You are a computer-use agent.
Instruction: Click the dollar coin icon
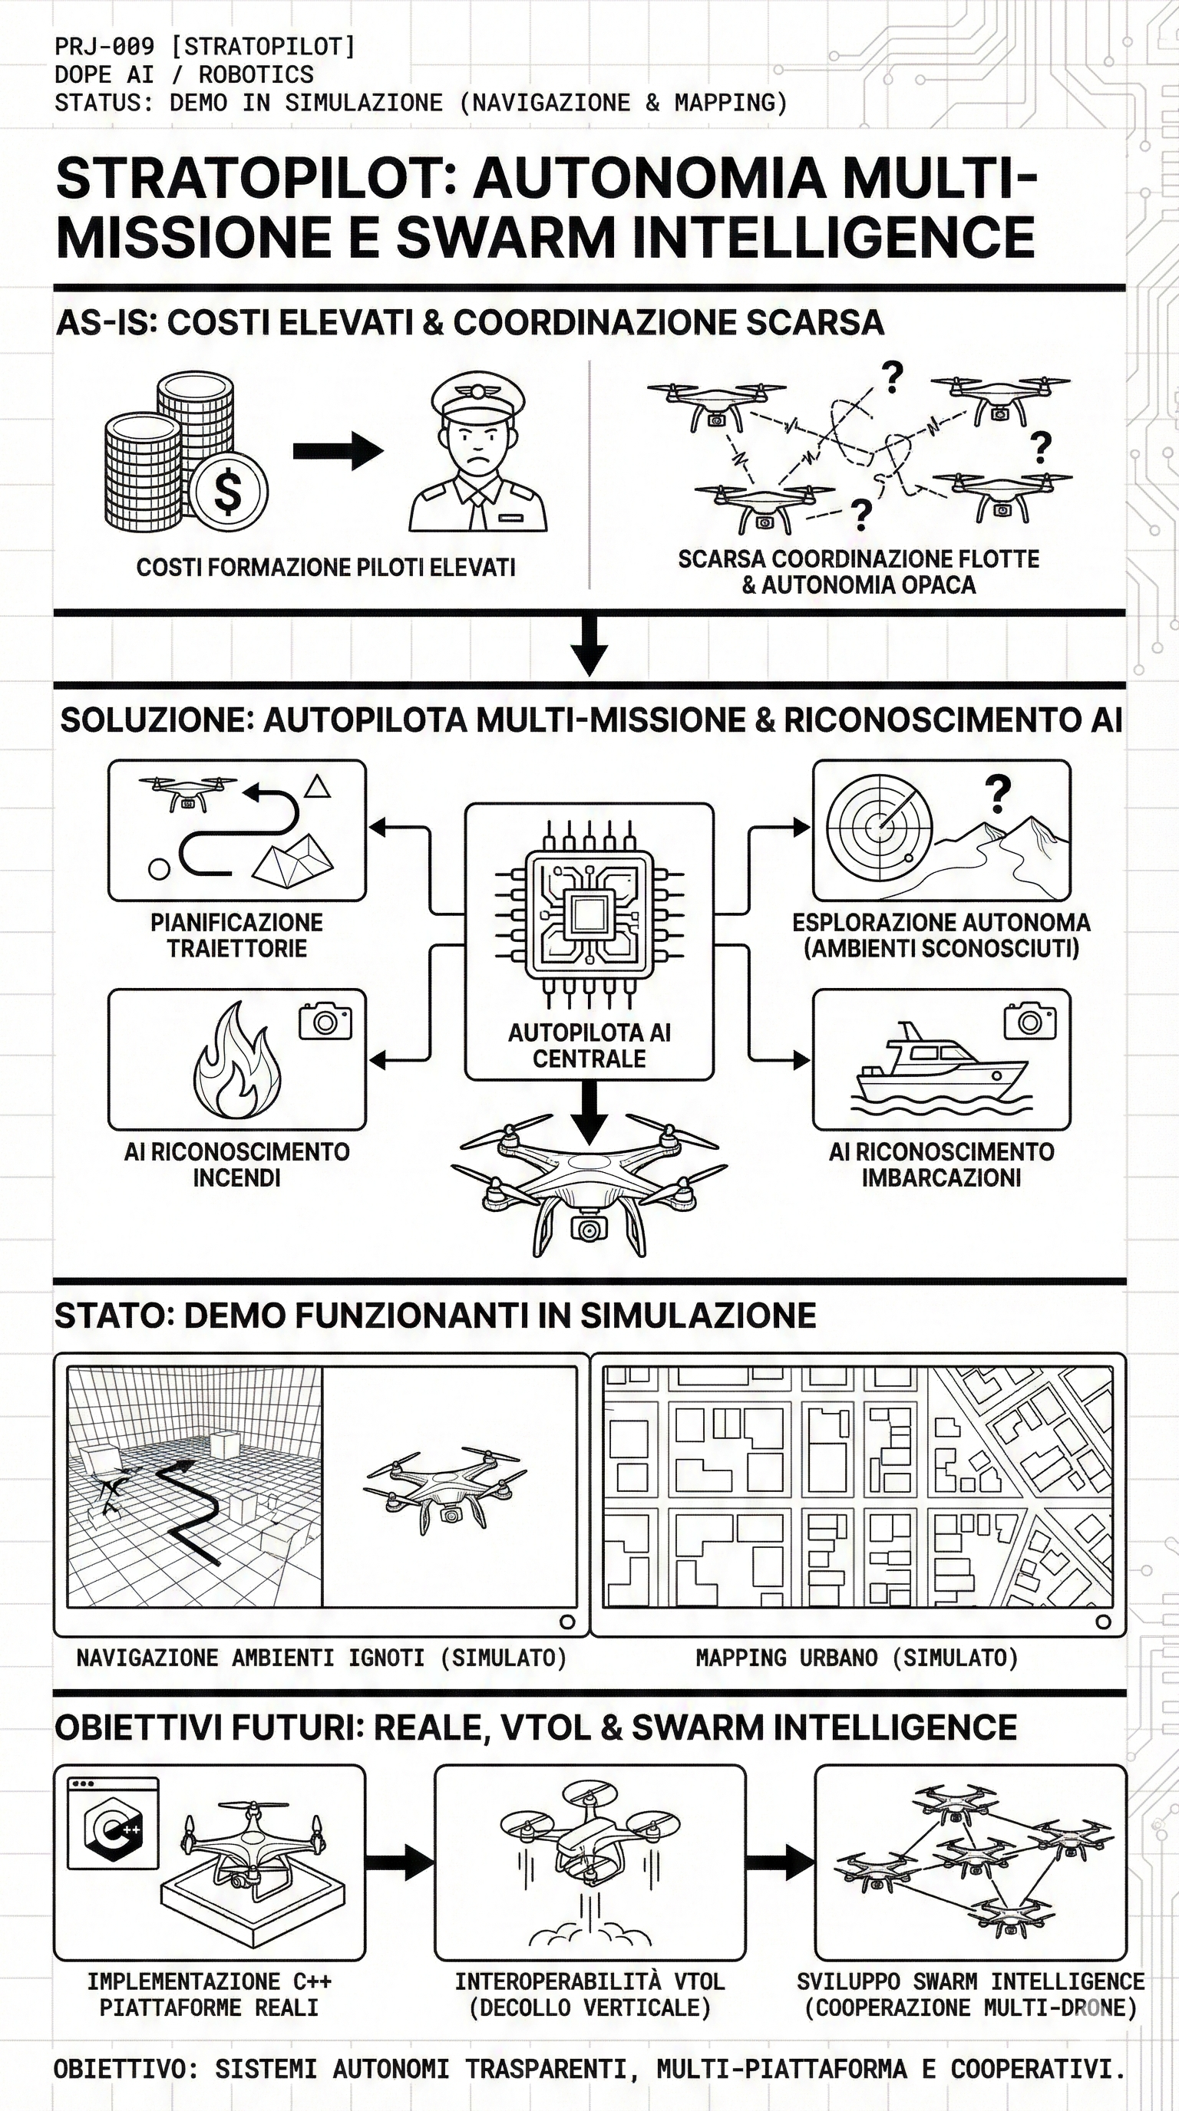pyautogui.click(x=228, y=491)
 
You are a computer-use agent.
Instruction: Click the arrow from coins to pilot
pyautogui.click(x=338, y=450)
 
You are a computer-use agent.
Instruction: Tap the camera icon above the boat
pyautogui.click(x=1030, y=1021)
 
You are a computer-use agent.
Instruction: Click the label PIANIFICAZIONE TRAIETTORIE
pyautogui.click(x=236, y=935)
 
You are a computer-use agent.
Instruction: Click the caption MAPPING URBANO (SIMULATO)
pyautogui.click(x=857, y=1658)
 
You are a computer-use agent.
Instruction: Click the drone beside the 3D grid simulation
pyautogui.click(x=444, y=1485)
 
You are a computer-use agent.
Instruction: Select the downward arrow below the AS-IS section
pyautogui.click(x=589, y=647)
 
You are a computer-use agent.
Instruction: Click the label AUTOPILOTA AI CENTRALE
pyautogui.click(x=589, y=1045)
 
